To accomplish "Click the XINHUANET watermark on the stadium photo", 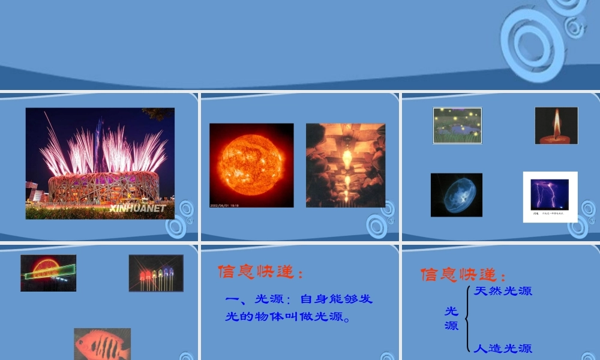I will click(x=137, y=208).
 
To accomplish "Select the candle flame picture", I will click(x=556, y=125).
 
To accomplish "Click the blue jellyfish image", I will click(x=457, y=194).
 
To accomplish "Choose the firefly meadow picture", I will click(x=458, y=125).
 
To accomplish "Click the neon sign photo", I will click(x=48, y=273).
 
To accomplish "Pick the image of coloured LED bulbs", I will click(x=156, y=273).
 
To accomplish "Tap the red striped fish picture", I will click(x=103, y=344).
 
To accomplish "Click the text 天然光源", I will click(x=503, y=292).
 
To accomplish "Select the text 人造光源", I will click(x=503, y=348).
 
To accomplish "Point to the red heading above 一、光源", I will click(x=260, y=273).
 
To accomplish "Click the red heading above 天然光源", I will click(x=463, y=275).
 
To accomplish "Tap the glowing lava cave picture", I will click(x=346, y=165).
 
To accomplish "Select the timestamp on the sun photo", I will click(x=224, y=205).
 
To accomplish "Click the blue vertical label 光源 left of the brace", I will click(x=451, y=319).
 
